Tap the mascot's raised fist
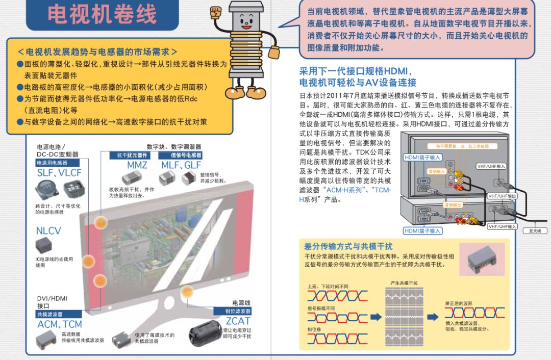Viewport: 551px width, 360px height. (x=216, y=11)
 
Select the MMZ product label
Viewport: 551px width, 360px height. (x=137, y=165)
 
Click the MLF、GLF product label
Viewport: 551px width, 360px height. (x=181, y=165)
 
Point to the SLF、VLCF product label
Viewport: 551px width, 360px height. (x=59, y=173)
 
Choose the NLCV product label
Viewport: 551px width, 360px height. (x=48, y=231)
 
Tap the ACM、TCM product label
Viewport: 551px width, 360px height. (x=59, y=324)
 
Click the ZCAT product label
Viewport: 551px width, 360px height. (x=238, y=321)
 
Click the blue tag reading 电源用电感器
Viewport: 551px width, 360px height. (x=53, y=163)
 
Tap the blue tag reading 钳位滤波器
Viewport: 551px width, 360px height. (x=238, y=311)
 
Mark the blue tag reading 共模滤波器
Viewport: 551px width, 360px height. (x=50, y=315)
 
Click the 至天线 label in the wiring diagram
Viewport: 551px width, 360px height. (x=535, y=230)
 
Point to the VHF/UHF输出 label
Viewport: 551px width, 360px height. (x=503, y=196)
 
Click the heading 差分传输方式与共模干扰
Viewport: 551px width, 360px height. (x=348, y=247)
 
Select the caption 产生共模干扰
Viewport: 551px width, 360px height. (x=404, y=282)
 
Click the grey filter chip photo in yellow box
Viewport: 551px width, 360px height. (x=482, y=259)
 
